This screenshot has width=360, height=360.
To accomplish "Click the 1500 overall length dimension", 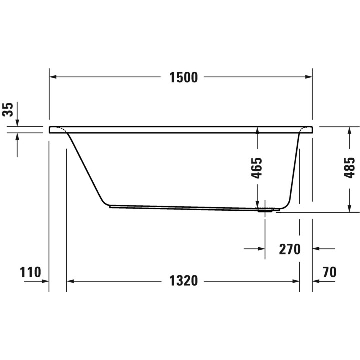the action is click(x=183, y=77).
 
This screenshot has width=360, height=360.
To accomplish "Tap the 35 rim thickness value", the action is click(x=8, y=110).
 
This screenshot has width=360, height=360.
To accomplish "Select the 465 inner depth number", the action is click(x=256, y=168).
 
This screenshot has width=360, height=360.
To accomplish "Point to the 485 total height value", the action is click(x=349, y=168).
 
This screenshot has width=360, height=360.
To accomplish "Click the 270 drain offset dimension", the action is click(x=289, y=249).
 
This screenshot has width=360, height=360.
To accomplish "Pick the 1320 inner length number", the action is click(x=183, y=281).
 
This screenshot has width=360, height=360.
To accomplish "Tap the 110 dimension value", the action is click(x=30, y=272).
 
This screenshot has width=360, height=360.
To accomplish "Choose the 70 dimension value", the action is click(x=329, y=272).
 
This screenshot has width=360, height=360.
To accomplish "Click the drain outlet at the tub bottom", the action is click(x=265, y=210).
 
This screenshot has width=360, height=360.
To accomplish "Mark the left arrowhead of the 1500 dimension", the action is click(x=53, y=77).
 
